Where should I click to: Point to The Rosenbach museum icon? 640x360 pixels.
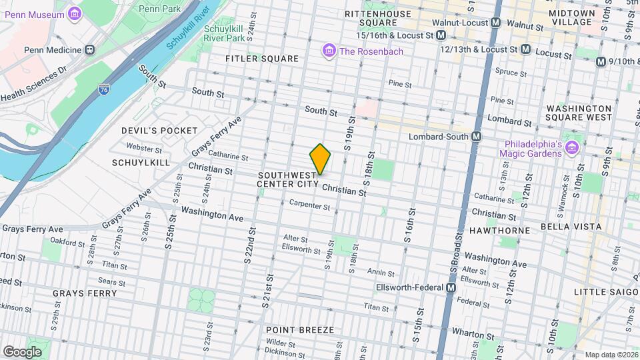328,50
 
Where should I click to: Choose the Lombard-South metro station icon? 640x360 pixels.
477,137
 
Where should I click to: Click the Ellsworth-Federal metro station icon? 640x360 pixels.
451,287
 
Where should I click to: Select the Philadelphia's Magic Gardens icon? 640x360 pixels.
571,147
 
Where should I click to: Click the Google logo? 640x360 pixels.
22,351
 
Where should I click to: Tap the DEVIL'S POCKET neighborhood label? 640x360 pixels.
159,131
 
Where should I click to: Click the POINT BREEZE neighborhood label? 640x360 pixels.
295,329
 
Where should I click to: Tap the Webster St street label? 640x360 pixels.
144,148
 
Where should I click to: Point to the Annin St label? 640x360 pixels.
381,273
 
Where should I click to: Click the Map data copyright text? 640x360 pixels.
611,355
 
